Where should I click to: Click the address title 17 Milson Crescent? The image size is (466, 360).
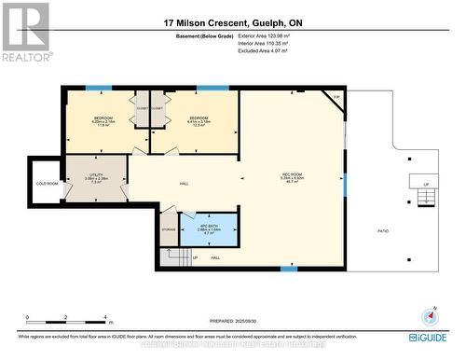coord(232,21)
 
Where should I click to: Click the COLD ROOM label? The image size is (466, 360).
coord(47,184)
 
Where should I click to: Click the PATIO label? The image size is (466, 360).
coord(382,231)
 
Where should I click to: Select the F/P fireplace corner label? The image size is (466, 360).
coord(337,98)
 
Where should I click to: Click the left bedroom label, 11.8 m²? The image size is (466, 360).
coord(103,121)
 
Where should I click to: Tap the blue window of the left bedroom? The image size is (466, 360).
coord(99,88)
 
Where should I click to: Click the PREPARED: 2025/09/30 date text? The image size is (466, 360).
coord(232,320)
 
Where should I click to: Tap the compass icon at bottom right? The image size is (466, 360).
coord(429,315)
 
